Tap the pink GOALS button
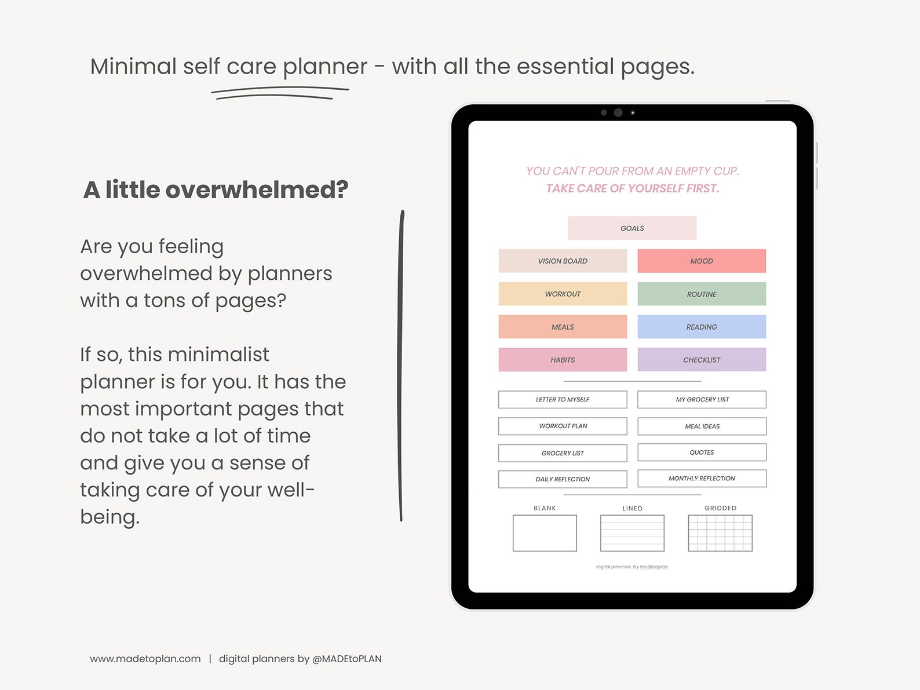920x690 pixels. click(632, 228)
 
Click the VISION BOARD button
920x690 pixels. click(563, 261)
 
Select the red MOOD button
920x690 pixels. click(702, 261)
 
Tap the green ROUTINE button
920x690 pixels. click(702, 294)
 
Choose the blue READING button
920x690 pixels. click(702, 327)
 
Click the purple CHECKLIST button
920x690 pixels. click(702, 360)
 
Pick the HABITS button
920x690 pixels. click(563, 360)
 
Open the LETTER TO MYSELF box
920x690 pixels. click(563, 400)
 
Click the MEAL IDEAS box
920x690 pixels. click(702, 426)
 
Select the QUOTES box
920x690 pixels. click(702, 452)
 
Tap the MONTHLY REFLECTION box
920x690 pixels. click(702, 479)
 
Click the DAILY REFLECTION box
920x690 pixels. click(563, 479)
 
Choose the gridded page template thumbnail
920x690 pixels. click(720, 533)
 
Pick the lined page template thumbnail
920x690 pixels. click(632, 533)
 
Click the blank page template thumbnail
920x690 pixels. click(545, 533)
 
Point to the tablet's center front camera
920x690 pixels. click(618, 112)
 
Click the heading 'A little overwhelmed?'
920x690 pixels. click(216, 190)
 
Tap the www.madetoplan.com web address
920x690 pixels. click(145, 659)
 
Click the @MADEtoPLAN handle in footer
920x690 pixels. click(346, 659)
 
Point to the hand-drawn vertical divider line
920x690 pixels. click(401, 365)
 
